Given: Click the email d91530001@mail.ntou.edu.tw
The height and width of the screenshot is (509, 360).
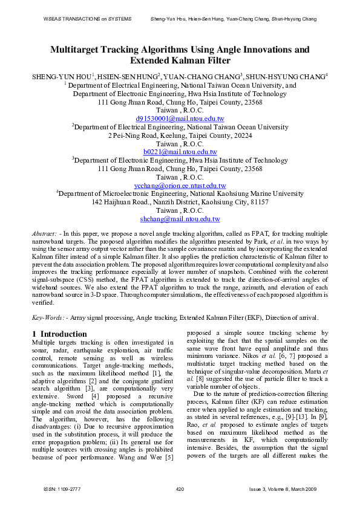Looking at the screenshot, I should click(180, 119).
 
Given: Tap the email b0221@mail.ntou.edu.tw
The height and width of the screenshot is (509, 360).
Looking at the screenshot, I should click(180, 152).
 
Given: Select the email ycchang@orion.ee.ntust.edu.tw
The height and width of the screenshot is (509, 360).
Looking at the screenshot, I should click(180, 186).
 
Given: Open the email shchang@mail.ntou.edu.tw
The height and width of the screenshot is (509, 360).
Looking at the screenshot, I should click(180, 218).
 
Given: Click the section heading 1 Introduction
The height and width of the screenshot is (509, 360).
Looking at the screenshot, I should click(59, 334).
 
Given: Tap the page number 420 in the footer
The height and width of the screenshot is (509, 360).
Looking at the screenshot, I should click(180, 488).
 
